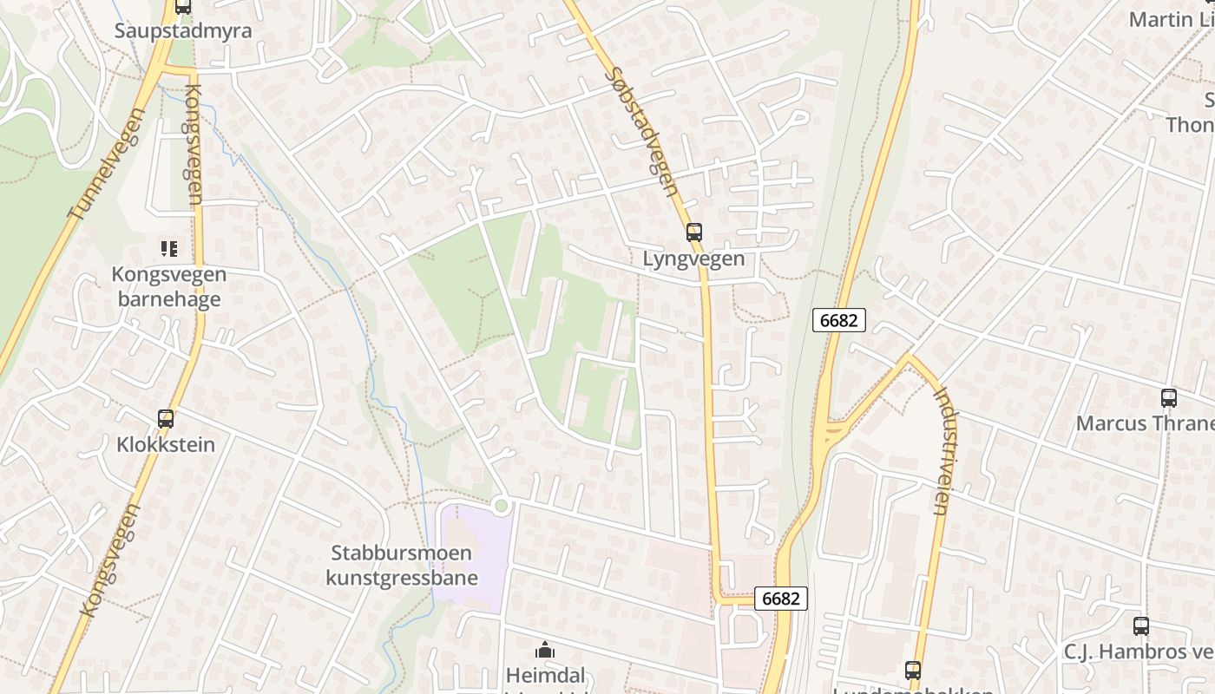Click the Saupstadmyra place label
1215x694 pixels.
click(x=183, y=31)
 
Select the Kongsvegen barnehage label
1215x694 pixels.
click(x=168, y=287)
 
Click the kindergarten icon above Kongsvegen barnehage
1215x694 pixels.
click(x=169, y=249)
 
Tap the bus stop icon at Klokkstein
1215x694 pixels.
click(x=166, y=419)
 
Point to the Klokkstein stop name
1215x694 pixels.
click(x=165, y=445)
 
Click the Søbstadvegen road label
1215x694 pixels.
click(x=643, y=132)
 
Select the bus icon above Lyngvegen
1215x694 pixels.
click(x=693, y=232)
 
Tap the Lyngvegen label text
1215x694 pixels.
click(x=693, y=259)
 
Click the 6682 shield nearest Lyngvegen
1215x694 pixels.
click(x=839, y=320)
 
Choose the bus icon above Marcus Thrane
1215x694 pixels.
click(x=1169, y=398)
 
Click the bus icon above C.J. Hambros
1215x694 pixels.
click(x=1141, y=626)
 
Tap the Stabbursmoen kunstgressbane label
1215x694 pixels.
click(x=402, y=565)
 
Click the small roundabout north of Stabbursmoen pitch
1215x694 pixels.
click(x=500, y=505)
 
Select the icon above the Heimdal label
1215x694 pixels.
click(x=545, y=649)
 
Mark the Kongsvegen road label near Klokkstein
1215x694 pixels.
click(x=110, y=560)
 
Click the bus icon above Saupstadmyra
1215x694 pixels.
click(x=183, y=7)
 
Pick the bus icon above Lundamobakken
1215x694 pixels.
click(x=912, y=670)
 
